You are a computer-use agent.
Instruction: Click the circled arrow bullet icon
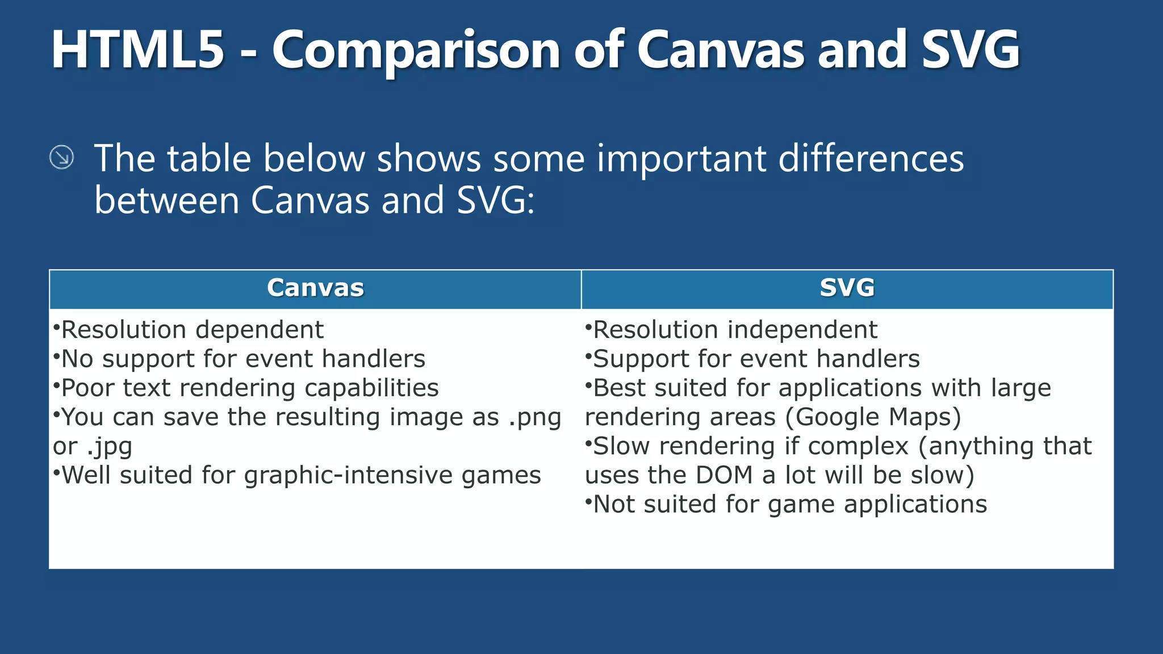coord(61,157)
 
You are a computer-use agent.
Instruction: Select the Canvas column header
coord(315,288)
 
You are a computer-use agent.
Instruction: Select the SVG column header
coord(847,288)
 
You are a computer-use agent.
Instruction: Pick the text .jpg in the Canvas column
coord(110,447)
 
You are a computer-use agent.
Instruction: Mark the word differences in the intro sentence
coord(871,158)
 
